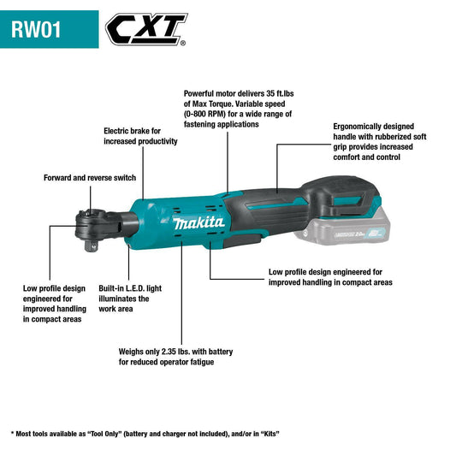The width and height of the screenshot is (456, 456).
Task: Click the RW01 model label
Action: pos(36,29)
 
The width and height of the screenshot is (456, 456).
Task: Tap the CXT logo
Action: pos(146,29)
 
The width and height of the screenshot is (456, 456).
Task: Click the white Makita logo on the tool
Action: pos(198,223)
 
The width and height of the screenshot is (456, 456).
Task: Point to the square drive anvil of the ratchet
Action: pos(91,246)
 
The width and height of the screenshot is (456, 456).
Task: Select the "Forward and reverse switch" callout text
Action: pos(90,178)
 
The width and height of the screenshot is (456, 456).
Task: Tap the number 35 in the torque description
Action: pos(270,93)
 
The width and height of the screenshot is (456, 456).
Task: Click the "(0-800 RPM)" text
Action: pos(204,114)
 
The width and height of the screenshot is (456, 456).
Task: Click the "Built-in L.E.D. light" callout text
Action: pos(130,288)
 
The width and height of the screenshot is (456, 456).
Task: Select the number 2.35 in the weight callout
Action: pos(169,352)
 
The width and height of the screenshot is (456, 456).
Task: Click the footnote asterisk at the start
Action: pos(12,433)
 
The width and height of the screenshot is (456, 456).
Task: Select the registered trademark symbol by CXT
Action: pos(182,44)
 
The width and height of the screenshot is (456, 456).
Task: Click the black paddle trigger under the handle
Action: pos(243,240)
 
